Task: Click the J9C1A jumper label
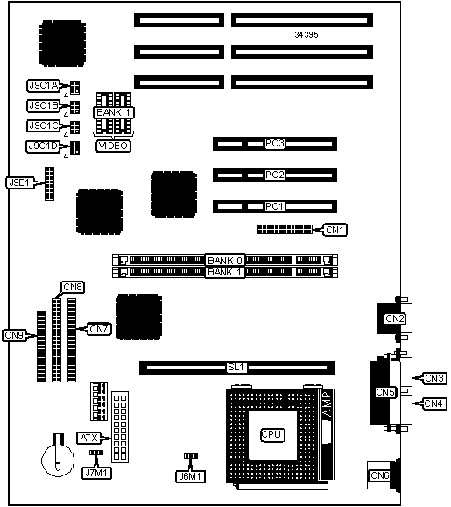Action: pyautogui.click(x=44, y=86)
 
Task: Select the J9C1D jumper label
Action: pyautogui.click(x=43, y=146)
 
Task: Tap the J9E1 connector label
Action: pyautogui.click(x=19, y=182)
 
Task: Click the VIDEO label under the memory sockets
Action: pyautogui.click(x=113, y=146)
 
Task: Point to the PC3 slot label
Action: pyautogui.click(x=274, y=143)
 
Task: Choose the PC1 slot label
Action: pyautogui.click(x=274, y=206)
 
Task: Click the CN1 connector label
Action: pyautogui.click(x=335, y=230)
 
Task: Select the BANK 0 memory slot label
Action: pyautogui.click(x=225, y=261)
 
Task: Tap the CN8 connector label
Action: pyautogui.click(x=73, y=287)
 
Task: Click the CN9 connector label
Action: pyautogui.click(x=14, y=335)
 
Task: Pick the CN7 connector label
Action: pyautogui.click(x=99, y=329)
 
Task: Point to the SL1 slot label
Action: pyautogui.click(x=236, y=368)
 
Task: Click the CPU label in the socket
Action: pyautogui.click(x=272, y=434)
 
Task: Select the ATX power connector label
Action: pyautogui.click(x=88, y=438)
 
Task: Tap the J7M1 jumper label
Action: pyautogui.click(x=97, y=473)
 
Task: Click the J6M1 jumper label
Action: pyautogui.click(x=190, y=476)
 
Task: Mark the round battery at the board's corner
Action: pyautogui.click(x=58, y=459)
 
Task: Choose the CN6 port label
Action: pyautogui.click(x=380, y=475)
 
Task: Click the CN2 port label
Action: pyautogui.click(x=394, y=318)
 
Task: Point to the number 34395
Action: pyautogui.click(x=307, y=34)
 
